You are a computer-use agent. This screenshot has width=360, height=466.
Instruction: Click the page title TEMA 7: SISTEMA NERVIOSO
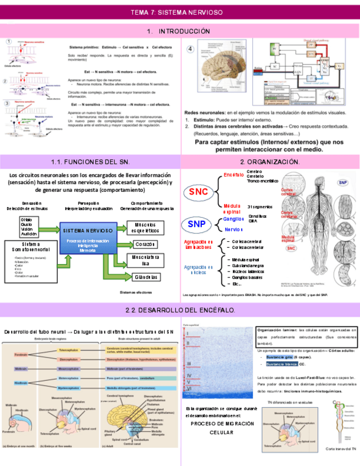pyautogui.click(x=180, y=12)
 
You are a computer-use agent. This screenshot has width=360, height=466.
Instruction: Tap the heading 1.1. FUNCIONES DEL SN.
pyautogui.click(x=90, y=162)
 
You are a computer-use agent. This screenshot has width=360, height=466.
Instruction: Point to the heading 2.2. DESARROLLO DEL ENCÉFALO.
pyautogui.click(x=180, y=310)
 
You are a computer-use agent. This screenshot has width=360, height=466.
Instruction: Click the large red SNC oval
pyautogui.click(x=198, y=192)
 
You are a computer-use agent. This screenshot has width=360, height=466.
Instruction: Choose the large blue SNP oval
pyautogui.click(x=196, y=224)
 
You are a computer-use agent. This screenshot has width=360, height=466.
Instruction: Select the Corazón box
pyautogui.click(x=145, y=244)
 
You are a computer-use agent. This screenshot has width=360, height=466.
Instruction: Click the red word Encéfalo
pyautogui.click(x=234, y=175)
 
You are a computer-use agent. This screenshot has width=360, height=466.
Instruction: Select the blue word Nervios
pyautogui.click(x=234, y=229)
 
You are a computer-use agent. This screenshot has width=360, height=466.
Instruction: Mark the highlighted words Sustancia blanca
pyautogui.click(x=281, y=364)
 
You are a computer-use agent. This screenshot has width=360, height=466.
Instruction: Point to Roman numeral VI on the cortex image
pyautogui.click(x=188, y=388)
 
